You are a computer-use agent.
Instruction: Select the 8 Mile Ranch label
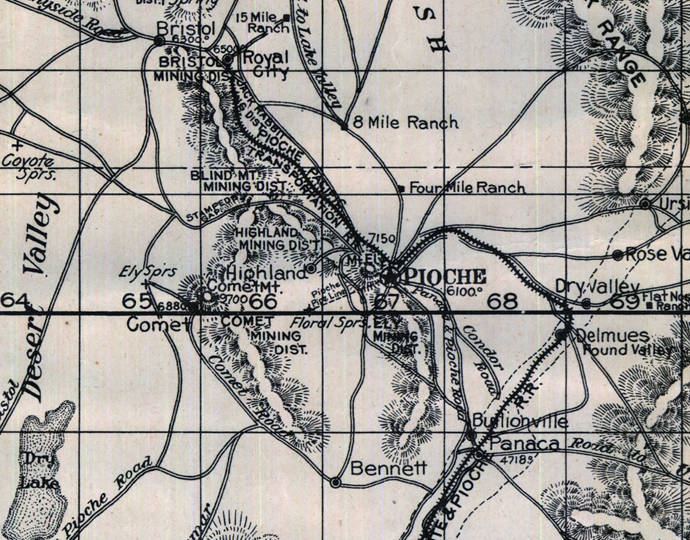pos(405,122)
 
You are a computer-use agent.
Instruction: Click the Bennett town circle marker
pos(336,482)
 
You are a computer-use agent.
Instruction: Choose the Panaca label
pos(524,445)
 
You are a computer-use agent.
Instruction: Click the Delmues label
pos(604,335)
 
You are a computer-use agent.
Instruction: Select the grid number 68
pos(503,301)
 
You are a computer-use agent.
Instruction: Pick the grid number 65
pos(139,301)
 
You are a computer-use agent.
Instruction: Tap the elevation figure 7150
pos(381,238)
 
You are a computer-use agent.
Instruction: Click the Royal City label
pos(265,64)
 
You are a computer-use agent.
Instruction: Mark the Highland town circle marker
pos(311,268)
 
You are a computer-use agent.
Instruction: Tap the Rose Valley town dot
pos(618,255)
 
